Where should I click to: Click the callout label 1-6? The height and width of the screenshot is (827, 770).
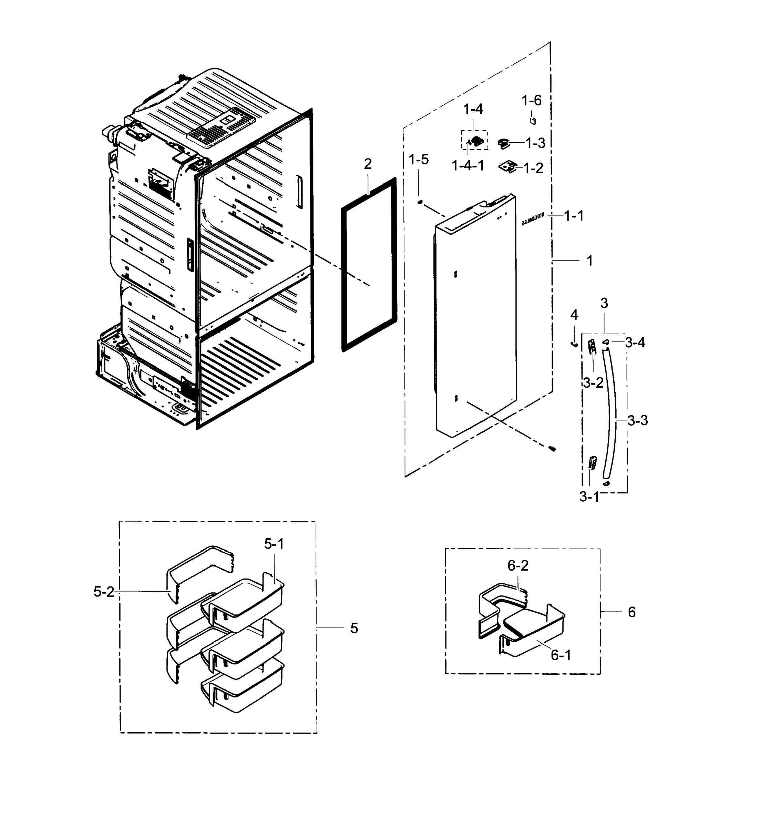click(531, 100)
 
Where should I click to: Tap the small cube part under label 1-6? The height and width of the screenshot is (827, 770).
click(533, 121)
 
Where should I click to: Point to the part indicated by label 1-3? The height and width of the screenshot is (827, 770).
click(504, 143)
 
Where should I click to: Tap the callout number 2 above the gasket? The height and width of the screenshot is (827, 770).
click(368, 164)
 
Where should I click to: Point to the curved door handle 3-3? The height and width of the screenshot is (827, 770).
click(611, 416)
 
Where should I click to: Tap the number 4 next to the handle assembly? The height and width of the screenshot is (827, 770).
click(574, 315)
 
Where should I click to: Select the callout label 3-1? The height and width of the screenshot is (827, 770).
click(589, 497)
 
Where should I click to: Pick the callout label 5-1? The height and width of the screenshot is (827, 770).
click(274, 544)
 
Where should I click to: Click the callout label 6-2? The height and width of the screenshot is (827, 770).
click(518, 565)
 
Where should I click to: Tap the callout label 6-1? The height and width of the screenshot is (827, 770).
click(561, 655)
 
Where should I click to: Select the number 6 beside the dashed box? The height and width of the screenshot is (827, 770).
click(632, 612)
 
